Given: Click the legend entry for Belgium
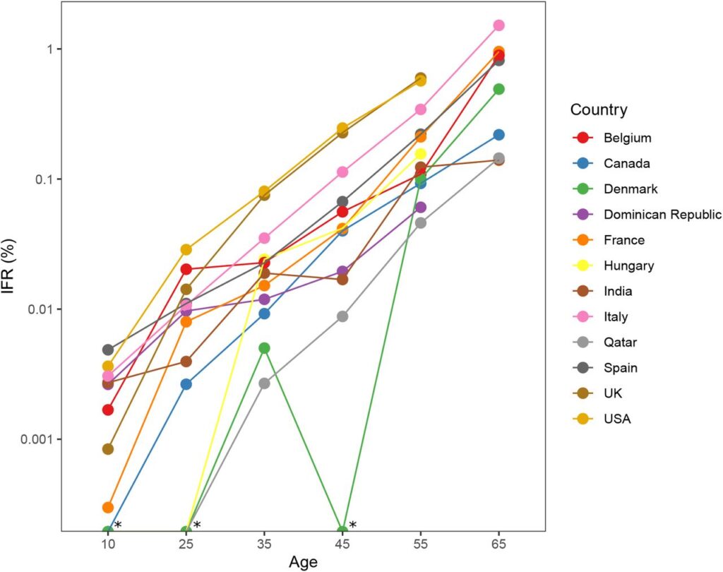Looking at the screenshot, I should coord(628,138).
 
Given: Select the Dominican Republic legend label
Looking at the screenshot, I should coord(662,215).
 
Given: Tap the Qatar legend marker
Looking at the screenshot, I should coord(584,342).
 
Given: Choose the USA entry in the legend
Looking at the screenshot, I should coord(617,419).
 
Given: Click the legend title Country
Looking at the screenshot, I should coord(599,109).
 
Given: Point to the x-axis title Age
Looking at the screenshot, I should coord(303,561).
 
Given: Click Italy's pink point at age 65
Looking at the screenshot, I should coord(498,25).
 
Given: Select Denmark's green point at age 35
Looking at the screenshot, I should coord(264,348).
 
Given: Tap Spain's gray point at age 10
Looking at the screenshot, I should coord(108,350).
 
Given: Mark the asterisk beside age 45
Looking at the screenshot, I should coord(353,525).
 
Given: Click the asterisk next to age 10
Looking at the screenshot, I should coord(118,525).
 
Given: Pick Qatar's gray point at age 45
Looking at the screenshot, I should coord(342,316).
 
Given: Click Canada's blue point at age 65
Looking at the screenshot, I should coord(498,135).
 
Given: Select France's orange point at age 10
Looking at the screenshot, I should coord(108,507).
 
